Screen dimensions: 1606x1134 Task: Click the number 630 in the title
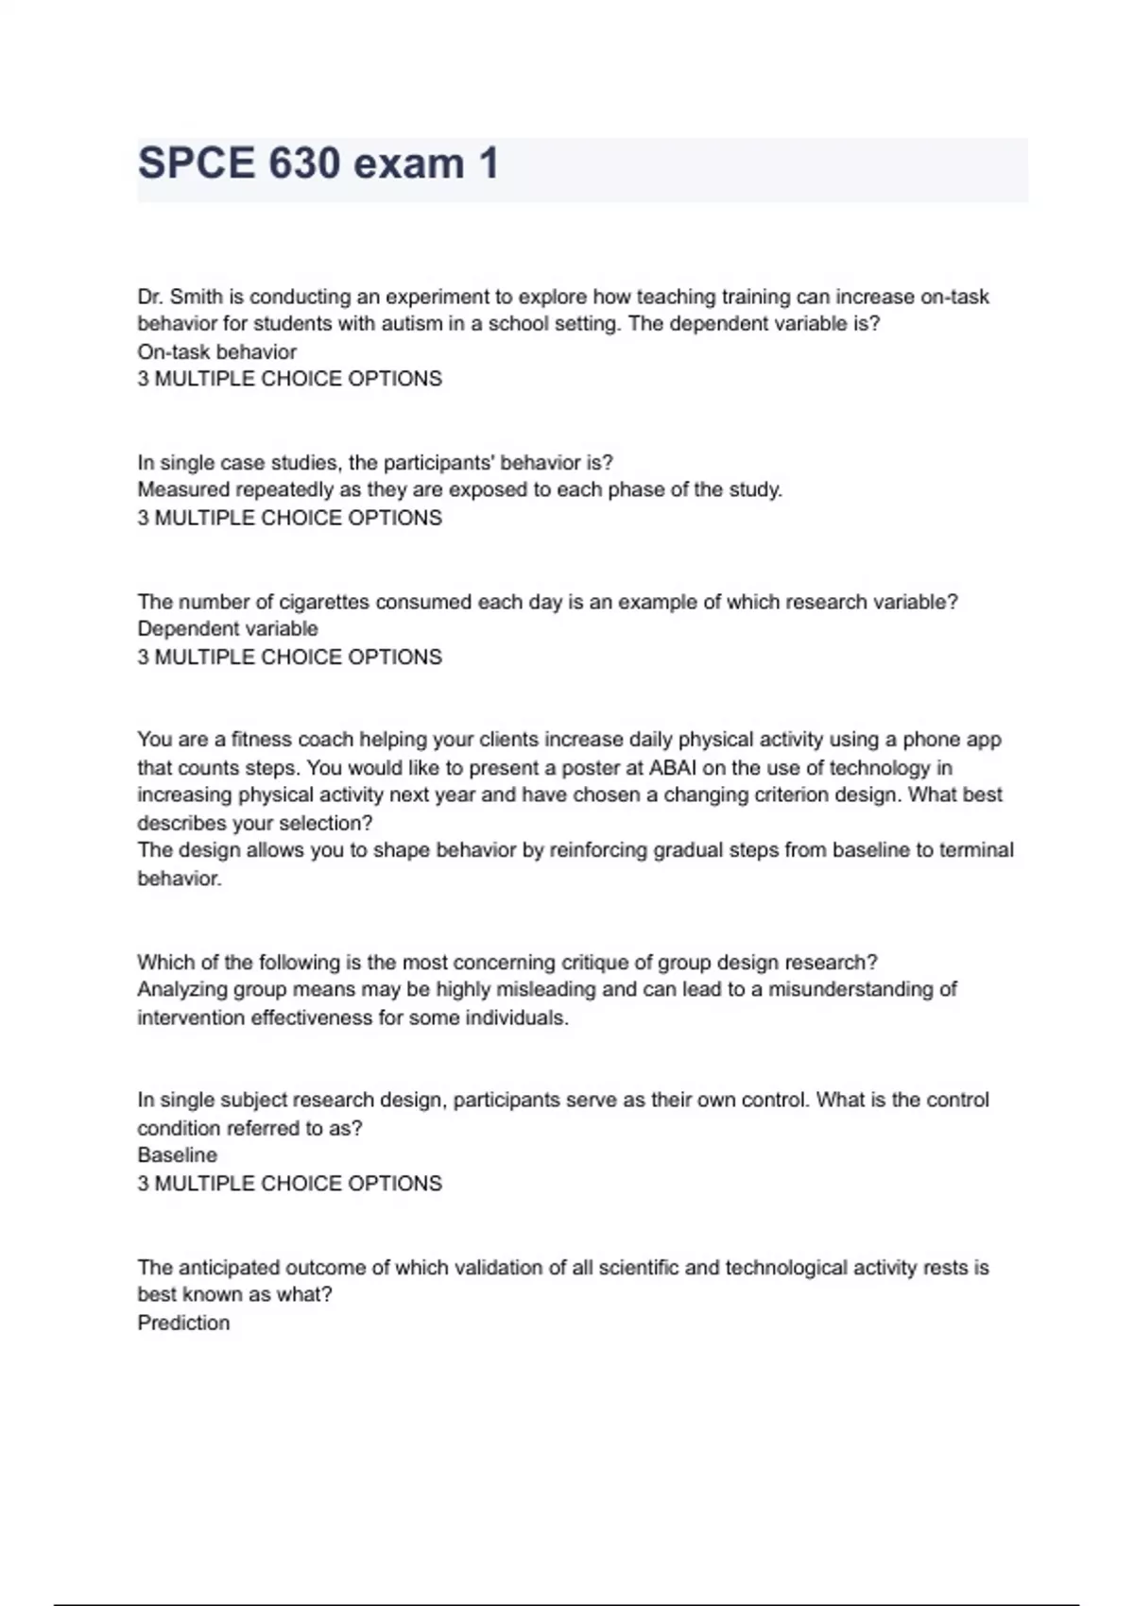[x=304, y=163]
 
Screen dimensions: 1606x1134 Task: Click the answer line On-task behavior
[x=217, y=352]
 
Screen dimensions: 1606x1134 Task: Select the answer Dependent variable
[x=228, y=629]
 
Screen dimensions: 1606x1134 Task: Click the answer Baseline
[x=178, y=1155]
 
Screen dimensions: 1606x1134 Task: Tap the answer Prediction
[x=183, y=1324]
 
